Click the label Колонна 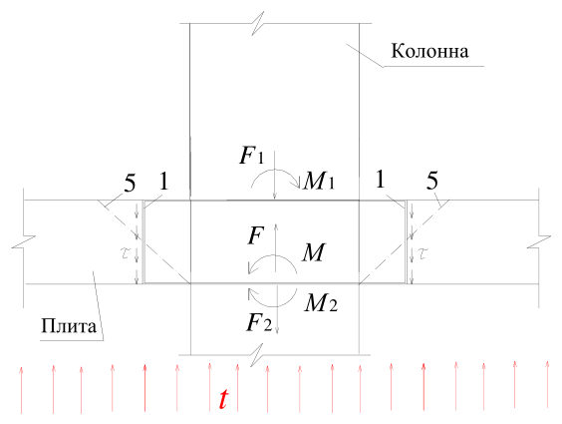click(429, 51)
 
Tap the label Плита click(69, 326)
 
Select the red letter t click(223, 399)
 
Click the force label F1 click(252, 156)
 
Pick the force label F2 click(259, 322)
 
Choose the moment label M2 click(321, 303)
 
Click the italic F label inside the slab click(256, 235)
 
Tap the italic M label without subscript click(314, 252)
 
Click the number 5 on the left click(130, 183)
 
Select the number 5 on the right click(432, 181)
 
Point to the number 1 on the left click(163, 181)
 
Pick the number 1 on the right click(381, 180)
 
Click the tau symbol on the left click(127, 253)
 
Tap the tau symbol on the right click(423, 253)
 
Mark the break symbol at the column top click(258, 23)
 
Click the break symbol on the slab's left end click(24, 241)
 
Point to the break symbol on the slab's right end click(539, 241)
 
